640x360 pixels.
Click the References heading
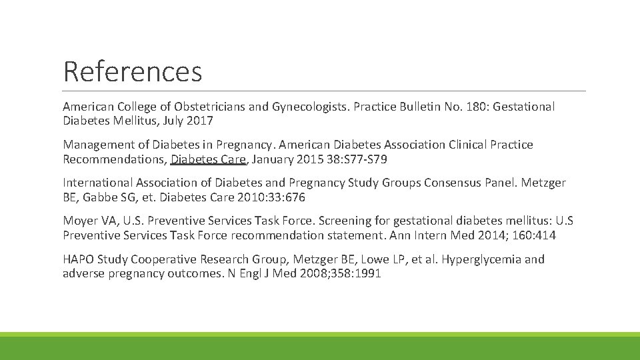pyautogui.click(x=132, y=71)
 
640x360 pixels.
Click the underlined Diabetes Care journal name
pyautogui.click(x=209, y=159)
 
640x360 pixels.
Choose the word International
pyautogui.click(x=98, y=183)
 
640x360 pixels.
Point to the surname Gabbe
pyautogui.click(x=97, y=197)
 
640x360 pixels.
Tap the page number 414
pyautogui.click(x=545, y=235)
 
